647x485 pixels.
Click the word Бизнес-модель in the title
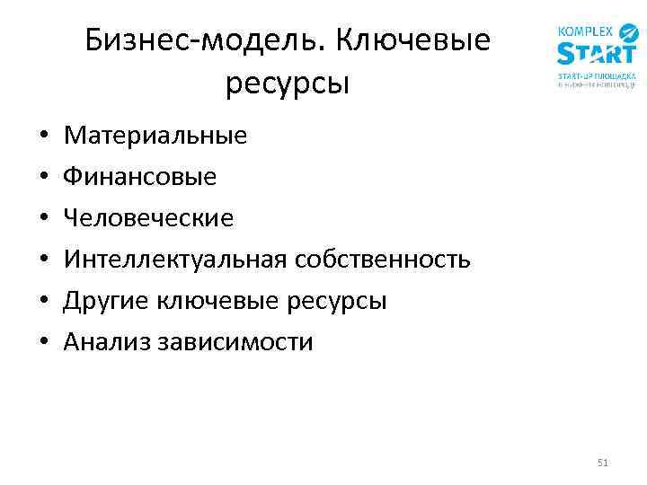[x=188, y=40]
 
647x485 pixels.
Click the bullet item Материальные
[x=155, y=137]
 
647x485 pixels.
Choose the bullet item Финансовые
[x=140, y=177]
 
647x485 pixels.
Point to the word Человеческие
[x=148, y=218]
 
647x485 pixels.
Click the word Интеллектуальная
[x=176, y=260]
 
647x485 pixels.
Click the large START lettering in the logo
[x=596, y=53]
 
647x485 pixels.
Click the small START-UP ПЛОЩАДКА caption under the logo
[x=597, y=76]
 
